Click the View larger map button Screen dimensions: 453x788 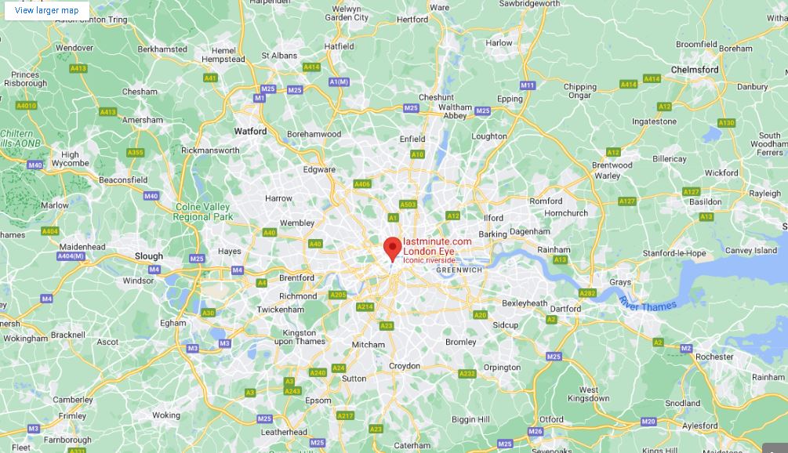point(47,10)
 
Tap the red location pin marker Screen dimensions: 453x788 point(392,248)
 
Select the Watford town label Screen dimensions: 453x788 point(250,132)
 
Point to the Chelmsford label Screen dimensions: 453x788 point(695,70)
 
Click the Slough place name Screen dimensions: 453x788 point(149,256)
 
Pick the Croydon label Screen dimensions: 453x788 point(405,366)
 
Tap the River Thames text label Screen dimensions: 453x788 point(647,304)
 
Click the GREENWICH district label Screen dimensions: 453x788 point(459,270)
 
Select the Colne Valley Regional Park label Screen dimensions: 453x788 point(203,212)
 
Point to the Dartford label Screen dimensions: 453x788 point(565,309)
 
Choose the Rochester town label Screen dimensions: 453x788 point(714,357)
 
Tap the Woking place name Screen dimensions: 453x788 point(166,415)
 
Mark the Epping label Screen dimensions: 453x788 point(510,100)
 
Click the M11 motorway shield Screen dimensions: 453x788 point(527,85)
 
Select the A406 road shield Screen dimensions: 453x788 point(361,184)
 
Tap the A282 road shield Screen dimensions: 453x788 point(587,293)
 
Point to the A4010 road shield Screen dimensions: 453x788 point(26,105)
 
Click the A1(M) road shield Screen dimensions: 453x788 point(339,82)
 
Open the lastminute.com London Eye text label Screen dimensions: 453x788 point(438,246)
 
